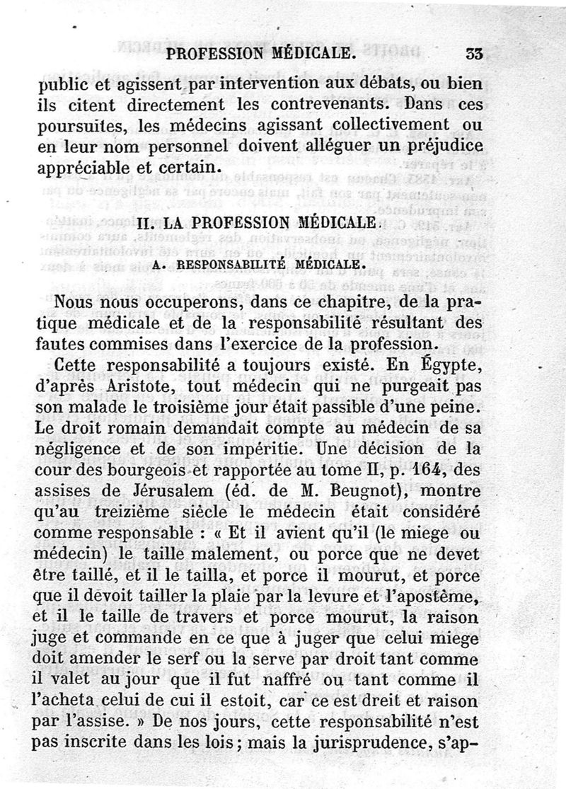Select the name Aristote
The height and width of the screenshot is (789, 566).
158,389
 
